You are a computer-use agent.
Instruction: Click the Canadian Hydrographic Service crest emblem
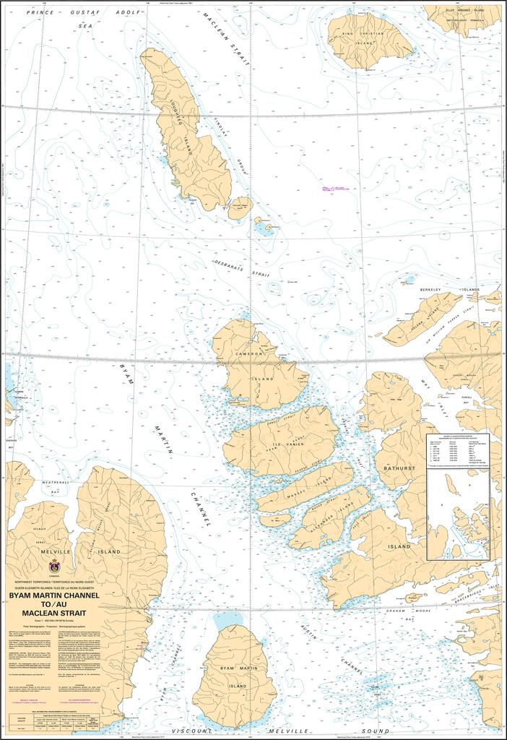(54, 566)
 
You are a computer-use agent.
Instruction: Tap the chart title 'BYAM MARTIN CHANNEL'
(54, 596)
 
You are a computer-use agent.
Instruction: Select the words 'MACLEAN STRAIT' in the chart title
(54, 614)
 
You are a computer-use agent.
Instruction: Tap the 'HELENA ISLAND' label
(422, 318)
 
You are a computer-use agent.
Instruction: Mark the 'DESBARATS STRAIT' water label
(235, 268)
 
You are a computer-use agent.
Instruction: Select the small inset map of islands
(458, 516)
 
